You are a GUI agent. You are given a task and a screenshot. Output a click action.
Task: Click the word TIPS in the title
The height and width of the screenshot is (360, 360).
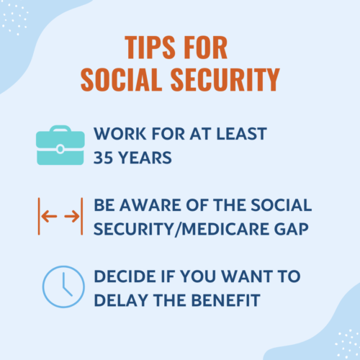pyautogui.click(x=150, y=48)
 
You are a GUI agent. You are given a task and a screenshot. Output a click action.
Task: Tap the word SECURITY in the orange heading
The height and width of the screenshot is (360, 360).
pyautogui.click(x=225, y=79)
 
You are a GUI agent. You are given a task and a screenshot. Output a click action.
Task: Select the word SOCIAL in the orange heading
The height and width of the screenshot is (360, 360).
pyautogui.click(x=122, y=79)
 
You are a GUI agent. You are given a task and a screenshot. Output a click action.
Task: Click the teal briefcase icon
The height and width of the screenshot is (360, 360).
pyautogui.click(x=60, y=145)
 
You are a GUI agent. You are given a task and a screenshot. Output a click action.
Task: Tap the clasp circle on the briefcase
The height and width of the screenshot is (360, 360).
pyautogui.click(x=60, y=149)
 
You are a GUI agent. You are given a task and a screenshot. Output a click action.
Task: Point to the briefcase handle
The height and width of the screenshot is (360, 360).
pyautogui.click(x=60, y=128)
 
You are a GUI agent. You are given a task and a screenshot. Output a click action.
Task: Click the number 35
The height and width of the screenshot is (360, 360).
pyautogui.click(x=103, y=158)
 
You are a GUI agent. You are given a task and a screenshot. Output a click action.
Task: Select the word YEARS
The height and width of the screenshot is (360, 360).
pyautogui.click(x=145, y=158)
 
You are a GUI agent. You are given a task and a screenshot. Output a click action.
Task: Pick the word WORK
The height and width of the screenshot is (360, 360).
pyautogui.click(x=120, y=134)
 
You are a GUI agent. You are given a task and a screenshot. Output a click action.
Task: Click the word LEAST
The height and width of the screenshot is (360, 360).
pyautogui.click(x=241, y=134)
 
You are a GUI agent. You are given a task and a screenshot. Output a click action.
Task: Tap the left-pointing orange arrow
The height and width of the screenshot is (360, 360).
pyautogui.click(x=49, y=216)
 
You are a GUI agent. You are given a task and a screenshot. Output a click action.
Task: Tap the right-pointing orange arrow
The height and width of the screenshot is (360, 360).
pyautogui.click(x=72, y=216)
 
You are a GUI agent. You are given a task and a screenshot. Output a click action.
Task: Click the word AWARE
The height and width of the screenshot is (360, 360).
pyautogui.click(x=150, y=205)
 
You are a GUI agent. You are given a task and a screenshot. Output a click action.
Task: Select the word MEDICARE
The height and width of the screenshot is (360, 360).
pyautogui.click(x=225, y=229)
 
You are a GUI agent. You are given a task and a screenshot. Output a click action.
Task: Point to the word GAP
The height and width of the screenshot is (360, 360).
pyautogui.click(x=291, y=229)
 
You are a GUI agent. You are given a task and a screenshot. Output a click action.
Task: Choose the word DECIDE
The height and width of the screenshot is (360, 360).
pyautogui.click(x=125, y=276)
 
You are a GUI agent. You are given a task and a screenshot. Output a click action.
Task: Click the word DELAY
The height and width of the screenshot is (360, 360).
pyautogui.click(x=121, y=300)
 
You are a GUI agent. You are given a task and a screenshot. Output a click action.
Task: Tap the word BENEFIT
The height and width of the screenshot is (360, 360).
pyautogui.click(x=226, y=300)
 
